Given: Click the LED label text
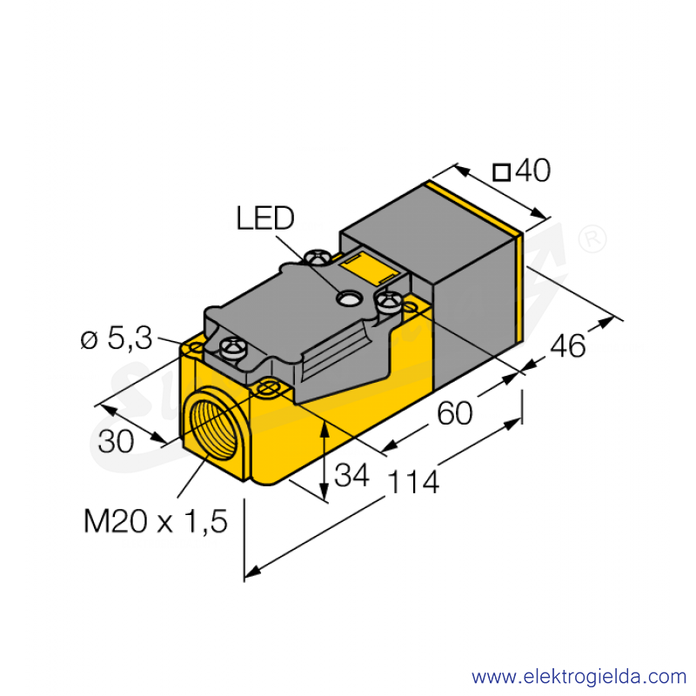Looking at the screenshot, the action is pyautogui.click(x=265, y=218).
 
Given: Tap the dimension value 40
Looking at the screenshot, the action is pyautogui.click(x=532, y=171).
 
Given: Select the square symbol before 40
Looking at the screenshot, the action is pyautogui.click(x=502, y=172).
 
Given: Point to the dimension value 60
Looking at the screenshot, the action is pyautogui.click(x=455, y=413).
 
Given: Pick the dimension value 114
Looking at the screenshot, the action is pyautogui.click(x=414, y=483).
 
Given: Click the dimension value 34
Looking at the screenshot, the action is pyautogui.click(x=351, y=475).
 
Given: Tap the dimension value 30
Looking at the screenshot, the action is pyautogui.click(x=116, y=442).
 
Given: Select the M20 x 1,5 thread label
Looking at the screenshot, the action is pyautogui.click(x=156, y=520).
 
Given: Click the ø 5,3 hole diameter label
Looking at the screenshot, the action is pyautogui.click(x=117, y=338).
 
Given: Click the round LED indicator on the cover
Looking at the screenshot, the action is pyautogui.click(x=348, y=298).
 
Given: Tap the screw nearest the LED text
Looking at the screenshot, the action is pyautogui.click(x=318, y=258).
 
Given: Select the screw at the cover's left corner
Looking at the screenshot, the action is pyautogui.click(x=232, y=346).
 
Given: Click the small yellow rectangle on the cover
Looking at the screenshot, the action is pyautogui.click(x=366, y=268).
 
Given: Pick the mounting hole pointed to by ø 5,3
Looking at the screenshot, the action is pyautogui.click(x=196, y=350).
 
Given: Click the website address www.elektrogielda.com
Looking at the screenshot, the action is pyautogui.click(x=579, y=677).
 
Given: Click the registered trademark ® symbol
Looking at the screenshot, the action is pyautogui.click(x=592, y=238).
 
